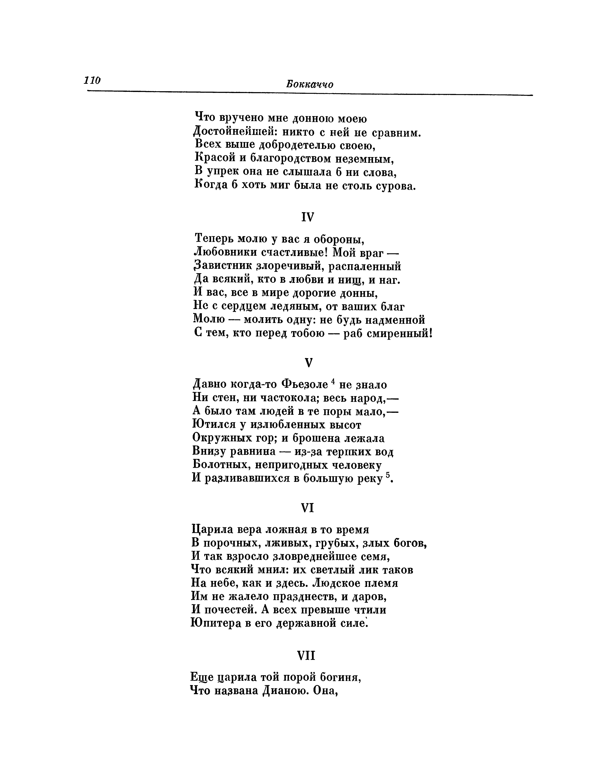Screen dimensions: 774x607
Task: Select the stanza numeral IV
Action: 308,217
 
